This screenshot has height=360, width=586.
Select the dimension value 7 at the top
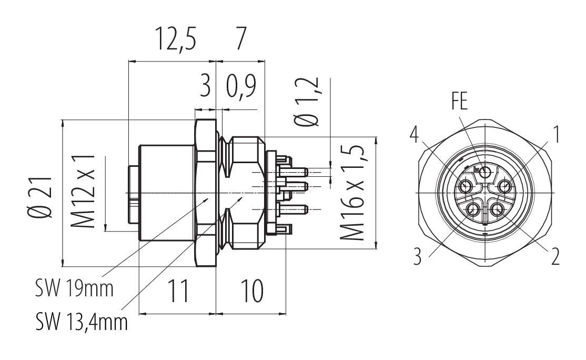point(240,40)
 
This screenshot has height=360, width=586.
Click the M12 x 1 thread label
point(85,192)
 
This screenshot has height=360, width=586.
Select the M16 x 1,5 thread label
point(354,192)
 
